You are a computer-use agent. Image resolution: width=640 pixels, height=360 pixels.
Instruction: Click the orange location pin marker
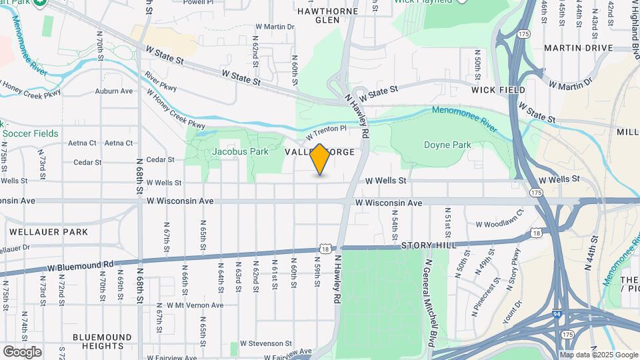pos(320,159)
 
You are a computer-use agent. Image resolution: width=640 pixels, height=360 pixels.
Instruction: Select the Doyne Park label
pos(447,145)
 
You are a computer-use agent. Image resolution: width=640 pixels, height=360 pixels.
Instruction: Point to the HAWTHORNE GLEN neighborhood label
pos(327,15)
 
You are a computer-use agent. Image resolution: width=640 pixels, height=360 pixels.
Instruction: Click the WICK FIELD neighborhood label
pos(498,89)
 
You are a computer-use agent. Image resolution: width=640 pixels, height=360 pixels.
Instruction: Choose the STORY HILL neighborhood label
pos(429,245)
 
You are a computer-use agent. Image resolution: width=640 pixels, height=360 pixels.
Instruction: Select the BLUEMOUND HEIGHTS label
pos(102,341)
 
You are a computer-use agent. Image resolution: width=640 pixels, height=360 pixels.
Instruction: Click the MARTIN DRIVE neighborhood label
pos(578,48)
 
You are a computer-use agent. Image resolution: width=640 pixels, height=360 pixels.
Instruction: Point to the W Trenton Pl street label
pos(327,132)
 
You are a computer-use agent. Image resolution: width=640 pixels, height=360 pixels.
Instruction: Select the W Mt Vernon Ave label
pos(191,305)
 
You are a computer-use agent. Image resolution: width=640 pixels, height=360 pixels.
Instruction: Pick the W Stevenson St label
pos(262,343)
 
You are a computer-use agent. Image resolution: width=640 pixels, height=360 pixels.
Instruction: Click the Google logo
pos(22,352)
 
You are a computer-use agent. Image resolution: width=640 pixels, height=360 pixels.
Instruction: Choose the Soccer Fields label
pos(30,133)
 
